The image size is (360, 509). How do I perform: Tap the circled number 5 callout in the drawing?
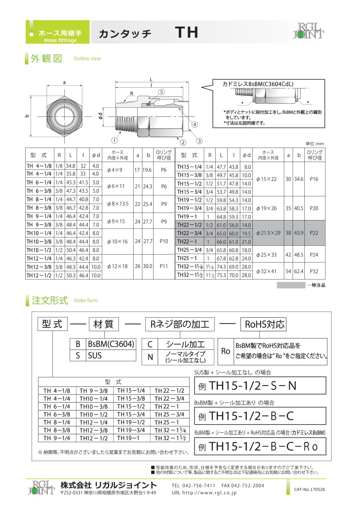click(161, 92)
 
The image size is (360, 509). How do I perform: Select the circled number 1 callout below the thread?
click(114, 140)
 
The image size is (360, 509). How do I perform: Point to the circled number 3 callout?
click(199, 140)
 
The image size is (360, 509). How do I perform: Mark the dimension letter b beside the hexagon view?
click(27, 116)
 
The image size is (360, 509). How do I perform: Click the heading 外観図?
click(46, 58)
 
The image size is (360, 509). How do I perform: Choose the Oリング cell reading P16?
click(314, 179)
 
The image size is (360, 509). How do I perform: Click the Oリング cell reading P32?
click(314, 271)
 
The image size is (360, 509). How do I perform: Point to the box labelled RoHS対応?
click(263, 324)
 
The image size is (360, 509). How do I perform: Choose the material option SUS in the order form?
click(95, 355)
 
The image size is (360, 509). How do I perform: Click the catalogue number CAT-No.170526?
click(310, 489)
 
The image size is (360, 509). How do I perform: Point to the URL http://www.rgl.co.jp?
click(204, 493)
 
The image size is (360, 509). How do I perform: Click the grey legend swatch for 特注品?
click(291, 285)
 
